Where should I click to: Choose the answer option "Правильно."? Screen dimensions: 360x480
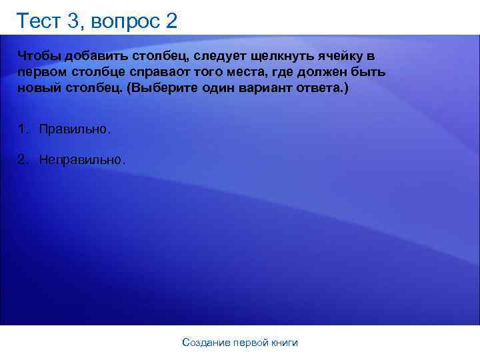[x=75, y=128]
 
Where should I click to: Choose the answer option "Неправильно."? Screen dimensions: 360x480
[x=81, y=160]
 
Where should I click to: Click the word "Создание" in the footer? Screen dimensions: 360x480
[x=205, y=343]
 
